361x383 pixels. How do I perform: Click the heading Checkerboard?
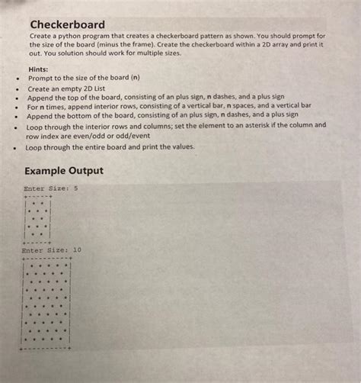point(68,25)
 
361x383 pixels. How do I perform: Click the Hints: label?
point(39,69)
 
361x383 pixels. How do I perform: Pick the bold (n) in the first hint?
point(136,78)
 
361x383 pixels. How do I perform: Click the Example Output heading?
point(64,171)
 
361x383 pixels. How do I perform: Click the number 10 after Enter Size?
point(78,249)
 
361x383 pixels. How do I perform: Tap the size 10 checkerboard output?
point(47,304)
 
